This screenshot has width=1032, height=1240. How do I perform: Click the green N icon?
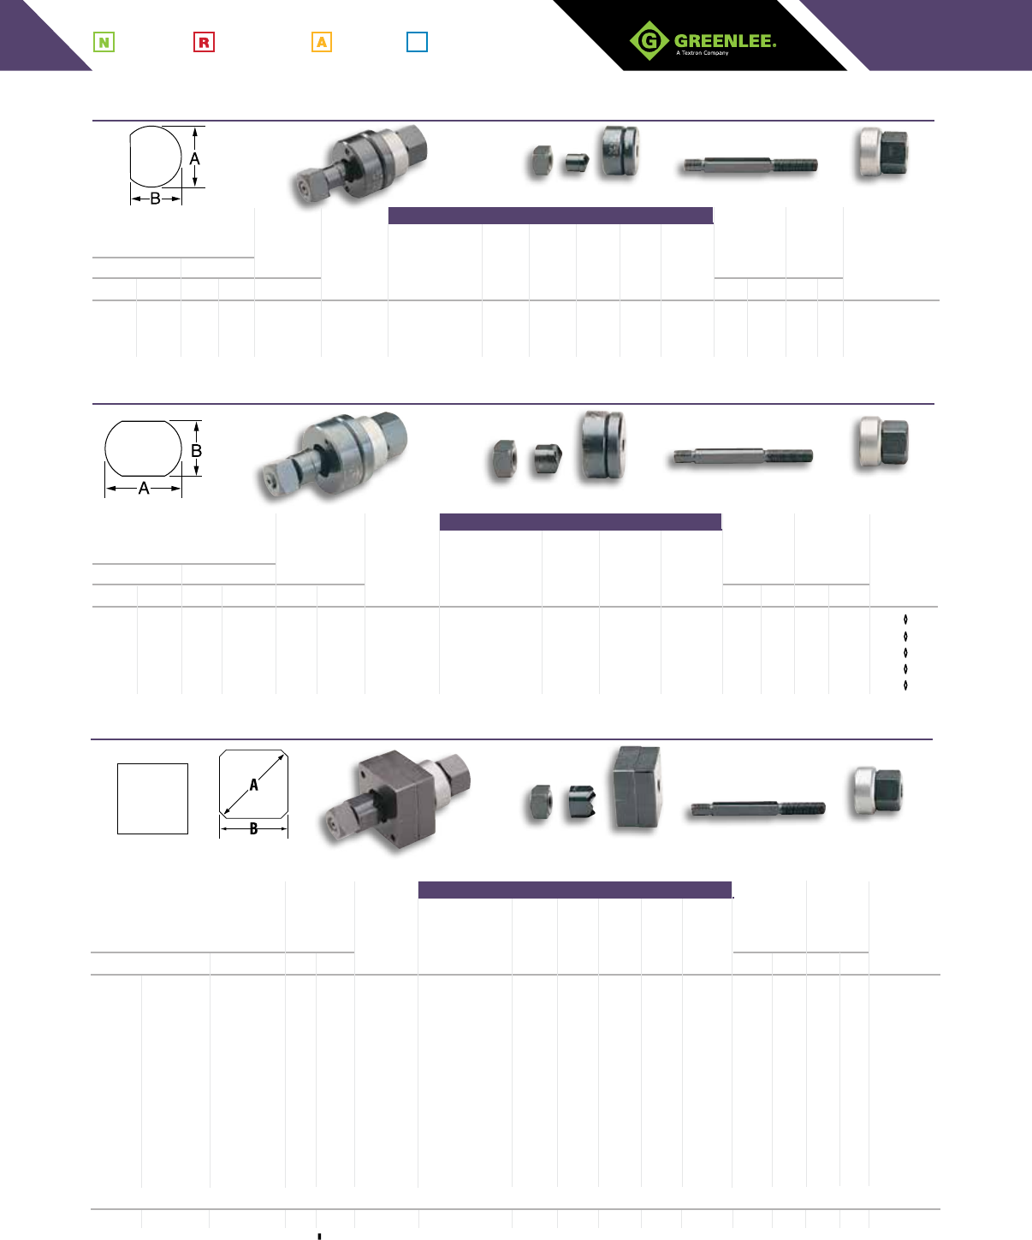click(x=104, y=42)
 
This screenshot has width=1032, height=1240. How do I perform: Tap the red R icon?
click(x=204, y=42)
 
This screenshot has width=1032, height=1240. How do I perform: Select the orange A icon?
click(x=321, y=42)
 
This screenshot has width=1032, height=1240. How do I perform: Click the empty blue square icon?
click(x=417, y=42)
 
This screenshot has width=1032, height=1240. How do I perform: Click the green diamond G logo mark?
click(x=649, y=40)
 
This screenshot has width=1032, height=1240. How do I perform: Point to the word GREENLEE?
click(x=725, y=41)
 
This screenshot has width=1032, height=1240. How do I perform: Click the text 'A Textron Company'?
click(x=702, y=53)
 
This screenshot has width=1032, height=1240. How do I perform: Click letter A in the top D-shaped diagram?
click(x=194, y=158)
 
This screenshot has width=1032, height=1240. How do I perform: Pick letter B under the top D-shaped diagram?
click(x=155, y=199)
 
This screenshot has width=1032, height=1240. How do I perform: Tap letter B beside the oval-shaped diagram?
click(x=196, y=451)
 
